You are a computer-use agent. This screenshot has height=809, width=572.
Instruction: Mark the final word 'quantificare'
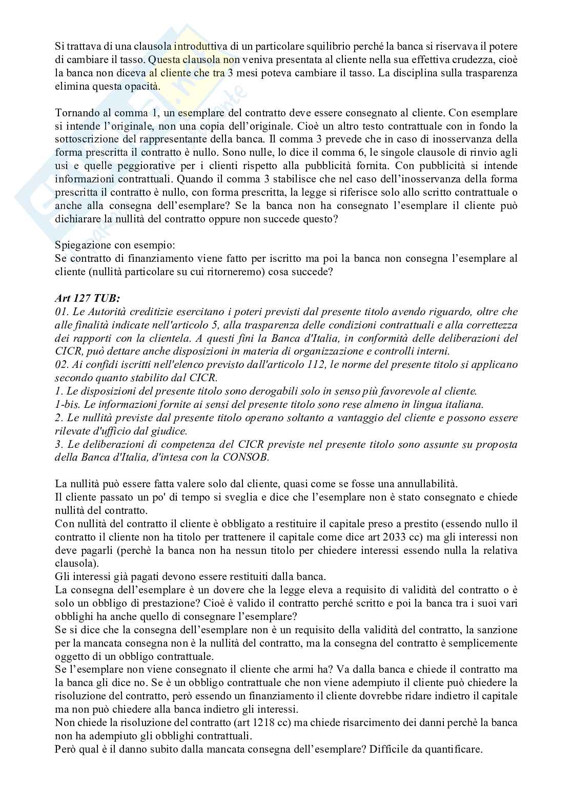[x=455, y=749]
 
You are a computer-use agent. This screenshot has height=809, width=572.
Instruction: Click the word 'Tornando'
[x=76, y=113]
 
